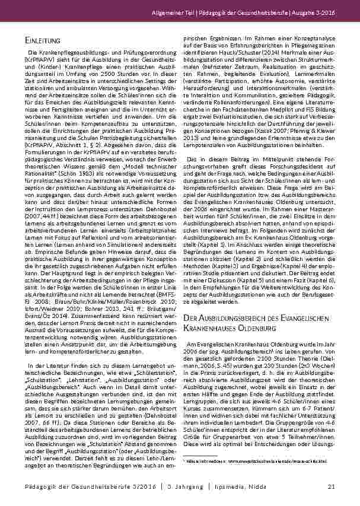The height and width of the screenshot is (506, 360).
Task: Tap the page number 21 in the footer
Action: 332,486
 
